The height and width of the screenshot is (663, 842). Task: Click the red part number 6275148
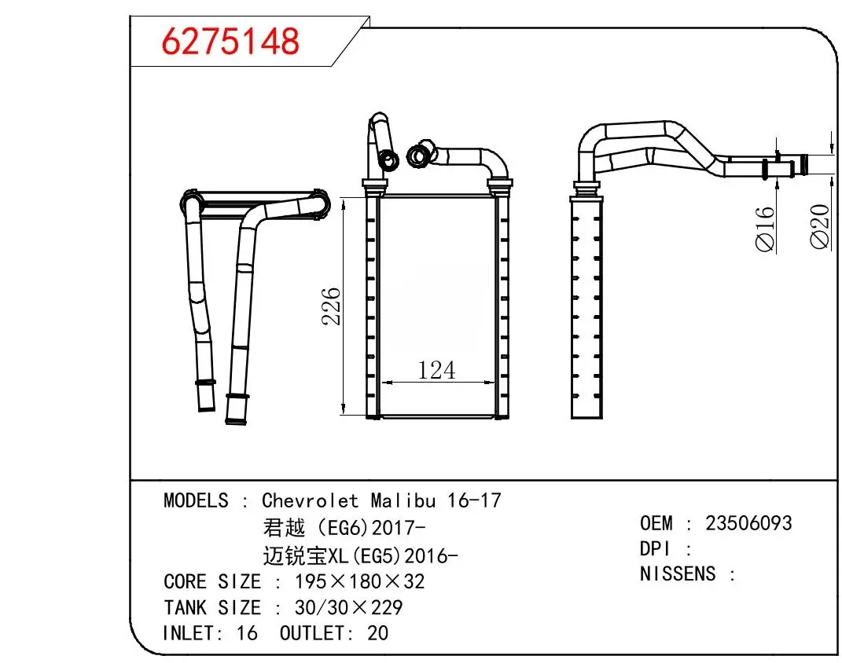pyautogui.click(x=230, y=42)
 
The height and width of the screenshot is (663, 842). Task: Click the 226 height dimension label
pyautogui.click(x=331, y=306)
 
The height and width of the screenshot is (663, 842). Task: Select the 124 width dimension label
pyautogui.click(x=436, y=369)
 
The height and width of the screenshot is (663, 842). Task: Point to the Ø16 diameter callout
pyautogui.click(x=765, y=229)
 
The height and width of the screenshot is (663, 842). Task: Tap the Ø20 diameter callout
pyautogui.click(x=820, y=226)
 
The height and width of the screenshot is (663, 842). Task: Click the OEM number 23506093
pyautogui.click(x=748, y=523)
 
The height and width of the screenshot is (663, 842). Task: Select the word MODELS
pyautogui.click(x=196, y=500)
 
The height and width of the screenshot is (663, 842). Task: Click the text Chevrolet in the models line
pyautogui.click(x=310, y=500)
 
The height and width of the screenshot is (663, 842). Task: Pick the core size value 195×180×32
pyautogui.click(x=360, y=581)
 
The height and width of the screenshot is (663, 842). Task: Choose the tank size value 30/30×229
pyautogui.click(x=348, y=607)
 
